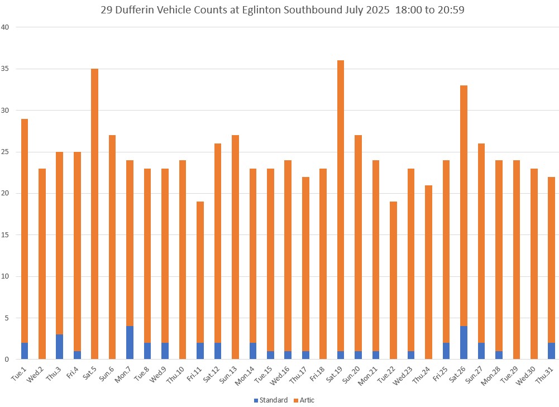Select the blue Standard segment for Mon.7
(130, 343)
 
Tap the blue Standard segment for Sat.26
(464, 343)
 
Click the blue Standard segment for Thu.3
(59, 347)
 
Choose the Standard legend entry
(270, 400)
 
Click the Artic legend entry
(304, 400)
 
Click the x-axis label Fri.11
(195, 374)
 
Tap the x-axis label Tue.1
(20, 373)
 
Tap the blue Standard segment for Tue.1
(24, 351)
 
